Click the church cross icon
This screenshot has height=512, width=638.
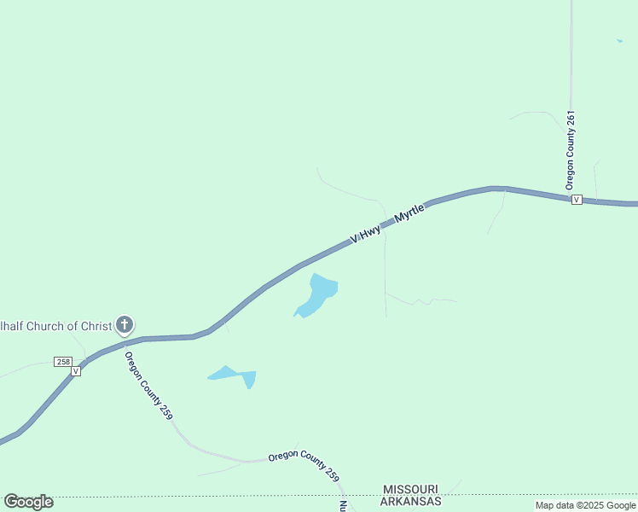coord(125,324)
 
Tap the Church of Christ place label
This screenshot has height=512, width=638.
coord(55,325)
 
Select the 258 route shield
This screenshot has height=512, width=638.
coord(63,362)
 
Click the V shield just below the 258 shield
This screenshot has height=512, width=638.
coord(76,371)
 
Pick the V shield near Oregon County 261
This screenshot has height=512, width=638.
coord(577,199)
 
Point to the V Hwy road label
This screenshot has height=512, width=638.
coord(365,236)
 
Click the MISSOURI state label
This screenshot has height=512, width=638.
coord(410,488)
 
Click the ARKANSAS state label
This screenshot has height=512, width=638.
coord(411,501)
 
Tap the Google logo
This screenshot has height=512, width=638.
coord(28,502)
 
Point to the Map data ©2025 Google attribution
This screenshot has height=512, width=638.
coord(585,505)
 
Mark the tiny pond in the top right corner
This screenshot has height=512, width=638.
coord(619,40)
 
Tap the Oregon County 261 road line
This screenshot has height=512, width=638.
coord(571,68)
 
